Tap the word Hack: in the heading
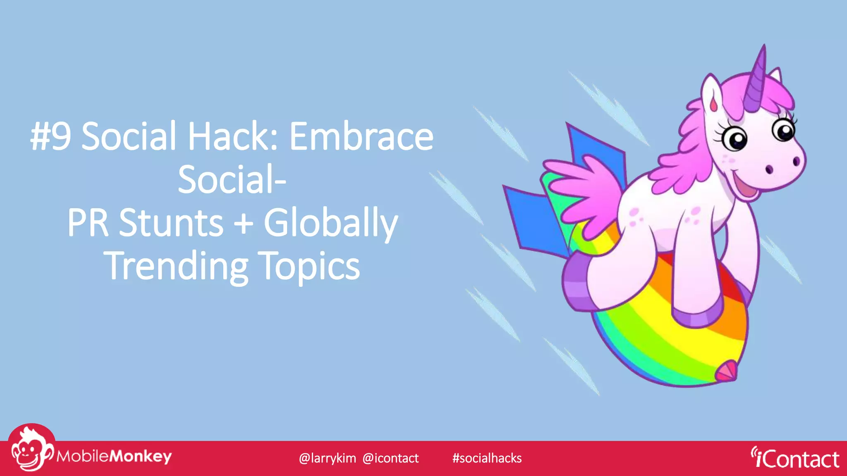tap(233, 137)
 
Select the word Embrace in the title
tap(361, 137)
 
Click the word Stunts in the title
tap(171, 223)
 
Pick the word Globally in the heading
tap(330, 224)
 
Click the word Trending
tap(177, 267)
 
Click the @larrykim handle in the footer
tap(327, 458)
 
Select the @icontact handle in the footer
tap(390, 458)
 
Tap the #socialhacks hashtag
tap(487, 458)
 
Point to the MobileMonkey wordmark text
tap(114, 456)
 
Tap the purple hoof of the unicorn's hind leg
tap(577, 285)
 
